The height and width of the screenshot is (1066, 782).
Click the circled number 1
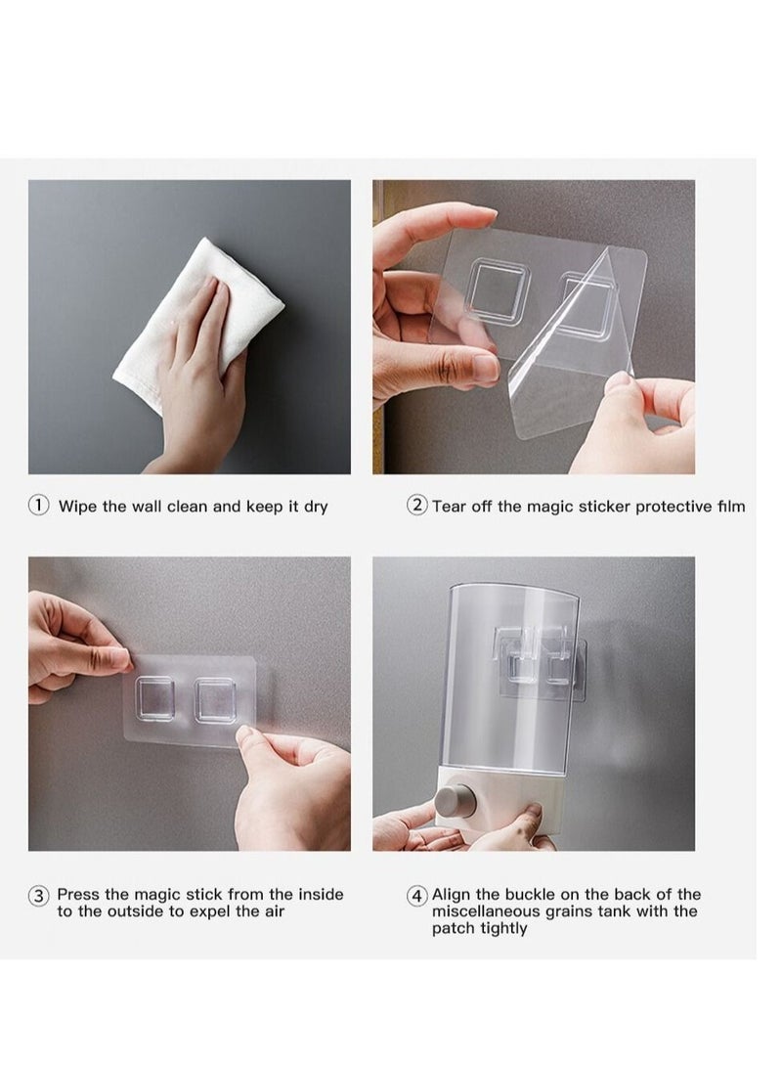pos(38,505)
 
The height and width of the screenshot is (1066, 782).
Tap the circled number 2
pos(416,505)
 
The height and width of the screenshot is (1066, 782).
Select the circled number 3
pos(38,896)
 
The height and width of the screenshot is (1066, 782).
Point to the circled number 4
pos(416,896)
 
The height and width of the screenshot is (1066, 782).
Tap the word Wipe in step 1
pos(77,507)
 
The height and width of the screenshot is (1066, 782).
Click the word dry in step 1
pos(316,508)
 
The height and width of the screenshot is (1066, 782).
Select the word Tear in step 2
pos(447,507)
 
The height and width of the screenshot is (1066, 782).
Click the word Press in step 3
pos(78,894)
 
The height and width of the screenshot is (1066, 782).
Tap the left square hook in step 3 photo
pos(154,698)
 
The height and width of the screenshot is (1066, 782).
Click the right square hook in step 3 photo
pos(215,700)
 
